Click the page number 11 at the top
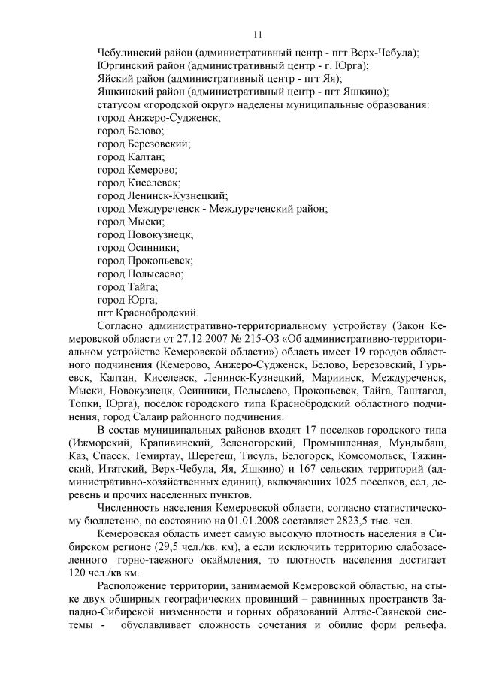[x=257, y=34]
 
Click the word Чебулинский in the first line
[x=129, y=53]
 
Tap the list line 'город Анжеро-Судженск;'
[x=159, y=118]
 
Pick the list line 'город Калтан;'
[x=131, y=157]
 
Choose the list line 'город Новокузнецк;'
[x=145, y=235]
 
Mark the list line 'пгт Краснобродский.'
[x=148, y=313]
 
